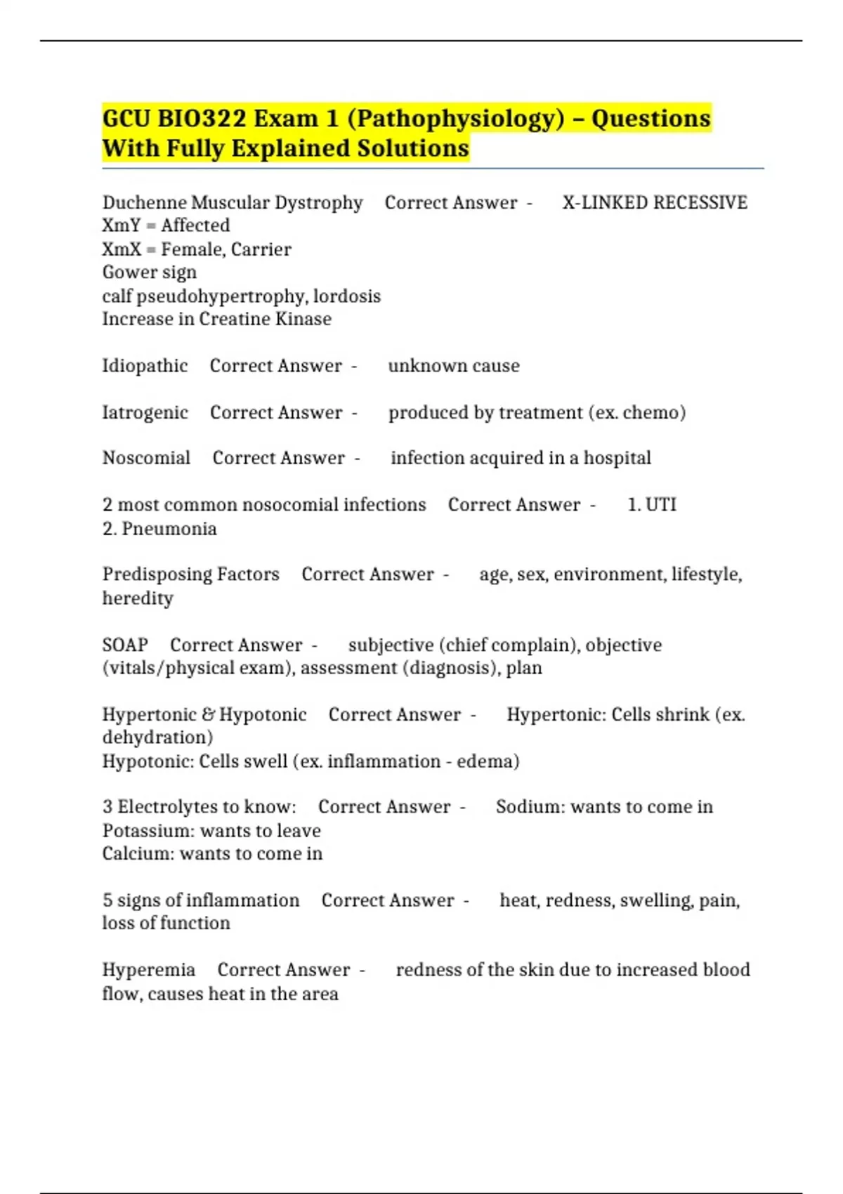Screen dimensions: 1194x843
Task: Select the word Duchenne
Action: (x=145, y=202)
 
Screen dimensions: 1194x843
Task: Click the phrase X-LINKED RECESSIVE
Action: (x=655, y=202)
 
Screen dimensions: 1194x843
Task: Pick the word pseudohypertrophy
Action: (x=221, y=296)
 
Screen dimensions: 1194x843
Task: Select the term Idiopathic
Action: (x=145, y=366)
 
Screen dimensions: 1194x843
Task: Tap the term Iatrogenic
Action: (x=145, y=412)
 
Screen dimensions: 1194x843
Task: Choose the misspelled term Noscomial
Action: (x=146, y=458)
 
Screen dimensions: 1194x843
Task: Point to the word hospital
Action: (x=617, y=458)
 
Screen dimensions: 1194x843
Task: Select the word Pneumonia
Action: (x=169, y=529)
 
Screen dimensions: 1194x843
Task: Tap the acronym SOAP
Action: (x=125, y=645)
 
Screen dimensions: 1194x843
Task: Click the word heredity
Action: (x=138, y=598)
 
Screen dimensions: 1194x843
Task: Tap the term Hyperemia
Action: (x=148, y=970)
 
